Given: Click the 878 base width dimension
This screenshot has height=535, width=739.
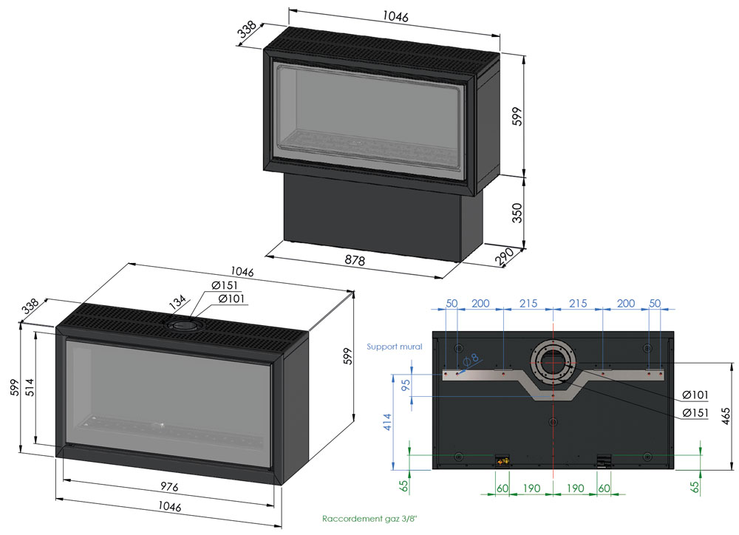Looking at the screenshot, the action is coord(355,259).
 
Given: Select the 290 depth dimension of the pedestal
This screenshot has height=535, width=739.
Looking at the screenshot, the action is coord(503,257).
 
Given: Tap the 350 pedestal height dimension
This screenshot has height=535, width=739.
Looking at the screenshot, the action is coord(517,213).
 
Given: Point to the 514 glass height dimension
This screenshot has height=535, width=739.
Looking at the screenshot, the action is coord(30,388).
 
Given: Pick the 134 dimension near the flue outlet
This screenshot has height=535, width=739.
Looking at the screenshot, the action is coord(178,303).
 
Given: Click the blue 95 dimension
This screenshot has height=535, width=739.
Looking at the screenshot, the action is coord(405,385).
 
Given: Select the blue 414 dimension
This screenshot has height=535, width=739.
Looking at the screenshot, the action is coord(387,422).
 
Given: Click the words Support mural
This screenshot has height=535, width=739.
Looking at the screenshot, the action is coord(395,347).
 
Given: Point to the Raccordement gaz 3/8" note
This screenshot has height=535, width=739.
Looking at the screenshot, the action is coord(369,519).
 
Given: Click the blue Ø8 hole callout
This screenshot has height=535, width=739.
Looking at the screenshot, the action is coord(470,360).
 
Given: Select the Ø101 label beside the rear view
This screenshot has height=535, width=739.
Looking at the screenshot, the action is coord(695,395).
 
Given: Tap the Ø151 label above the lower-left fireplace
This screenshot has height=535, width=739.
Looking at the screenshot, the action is coord(225,285).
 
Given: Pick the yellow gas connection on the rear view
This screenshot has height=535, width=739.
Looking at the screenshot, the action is coord(503,460).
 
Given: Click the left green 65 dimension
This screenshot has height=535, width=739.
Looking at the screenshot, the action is coord(404,486).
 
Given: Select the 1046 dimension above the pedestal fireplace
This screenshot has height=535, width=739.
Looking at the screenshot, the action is coord(395,16).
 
